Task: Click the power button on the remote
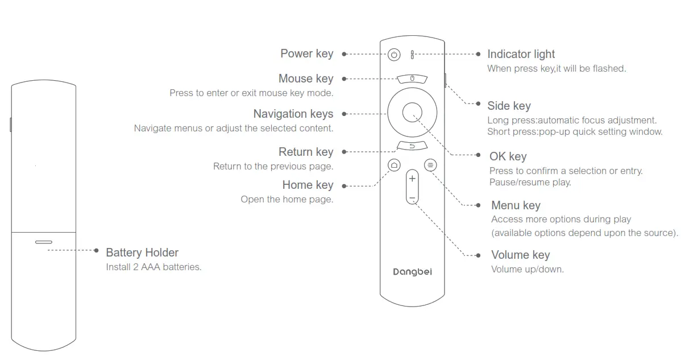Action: pos(395,55)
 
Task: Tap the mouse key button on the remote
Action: pos(412,78)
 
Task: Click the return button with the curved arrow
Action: pos(412,146)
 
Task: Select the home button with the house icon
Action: pos(394,165)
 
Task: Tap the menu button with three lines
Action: pos(430,165)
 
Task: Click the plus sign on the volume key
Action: pos(412,179)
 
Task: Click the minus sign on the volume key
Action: pos(412,198)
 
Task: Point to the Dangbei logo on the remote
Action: pos(412,272)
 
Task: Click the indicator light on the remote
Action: pos(413,55)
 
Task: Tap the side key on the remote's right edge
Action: pos(445,79)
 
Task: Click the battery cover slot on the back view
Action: pos(43,242)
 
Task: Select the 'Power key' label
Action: pos(306,53)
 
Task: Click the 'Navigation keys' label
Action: pos(293,114)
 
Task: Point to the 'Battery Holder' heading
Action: pos(142,253)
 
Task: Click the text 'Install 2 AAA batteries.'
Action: pos(153,267)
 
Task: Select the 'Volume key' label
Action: pos(520,255)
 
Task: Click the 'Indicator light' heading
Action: pos(521,54)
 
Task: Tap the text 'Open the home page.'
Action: pos(286,200)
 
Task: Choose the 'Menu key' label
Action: pos(516,205)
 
